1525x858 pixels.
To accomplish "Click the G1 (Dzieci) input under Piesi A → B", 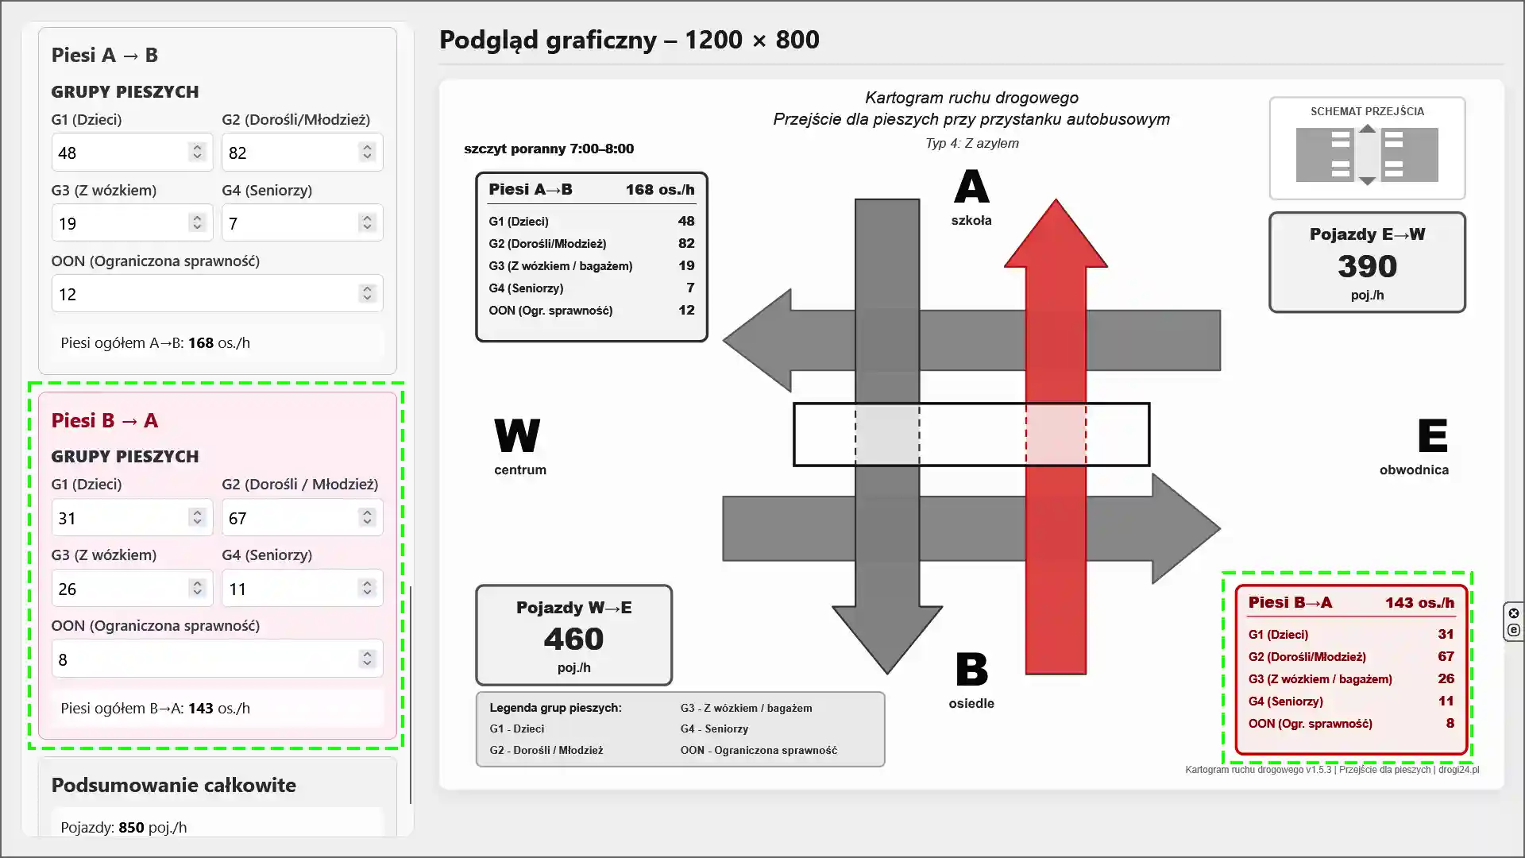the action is pos(132,153).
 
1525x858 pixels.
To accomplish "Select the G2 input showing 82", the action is pos(302,153).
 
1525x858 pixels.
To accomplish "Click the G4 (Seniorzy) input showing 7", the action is pos(302,223).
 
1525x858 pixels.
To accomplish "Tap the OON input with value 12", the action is pos(217,294).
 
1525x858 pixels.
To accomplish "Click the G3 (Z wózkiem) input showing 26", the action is pos(132,589).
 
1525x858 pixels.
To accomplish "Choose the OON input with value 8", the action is pos(217,659).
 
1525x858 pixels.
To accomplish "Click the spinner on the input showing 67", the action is pos(367,518).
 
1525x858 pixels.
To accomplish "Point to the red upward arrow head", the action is pos(1056,234).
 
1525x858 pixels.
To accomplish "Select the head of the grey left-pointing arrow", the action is pos(757,340).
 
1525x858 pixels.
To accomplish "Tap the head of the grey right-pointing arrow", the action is pos(1186,528).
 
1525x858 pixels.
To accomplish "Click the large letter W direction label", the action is pos(517,435).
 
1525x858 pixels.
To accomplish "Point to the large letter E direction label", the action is pos(1432,435).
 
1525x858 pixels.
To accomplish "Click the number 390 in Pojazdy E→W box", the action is pos(1367,266).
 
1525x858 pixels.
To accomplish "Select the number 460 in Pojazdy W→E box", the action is pos(573,639).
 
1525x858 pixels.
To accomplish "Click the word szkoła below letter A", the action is pos(971,220).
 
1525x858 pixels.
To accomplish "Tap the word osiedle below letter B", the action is pos(971,703).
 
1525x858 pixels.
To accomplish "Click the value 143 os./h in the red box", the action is pos(1419,603).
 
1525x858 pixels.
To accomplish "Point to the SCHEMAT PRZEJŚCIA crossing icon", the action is pos(1367,155).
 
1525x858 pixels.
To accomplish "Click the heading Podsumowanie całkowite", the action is pos(174,785).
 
